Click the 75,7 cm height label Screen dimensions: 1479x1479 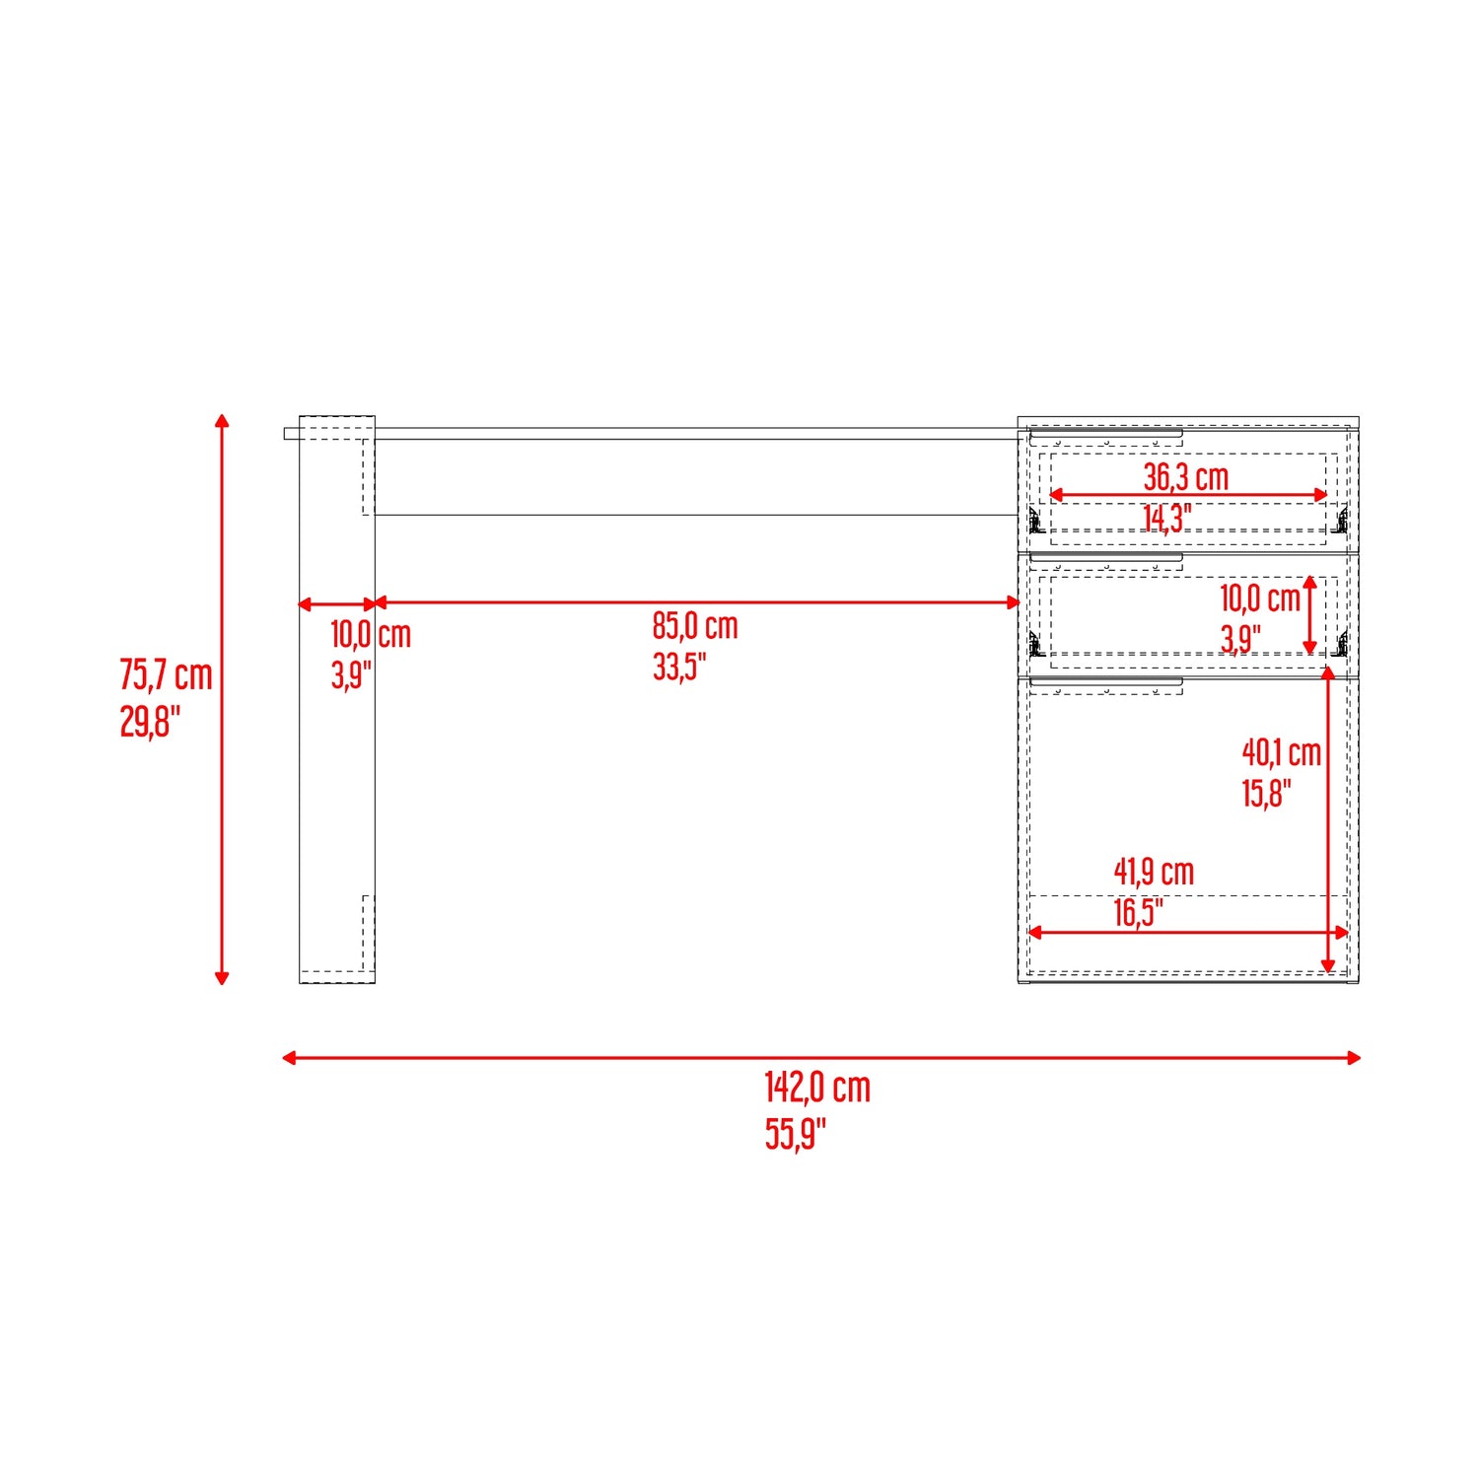click(166, 675)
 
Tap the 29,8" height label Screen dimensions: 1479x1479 click(150, 722)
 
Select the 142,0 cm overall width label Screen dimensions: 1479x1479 click(817, 1088)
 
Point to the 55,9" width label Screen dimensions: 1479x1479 click(795, 1134)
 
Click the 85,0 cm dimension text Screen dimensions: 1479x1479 click(695, 626)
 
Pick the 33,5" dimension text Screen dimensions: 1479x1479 click(679, 667)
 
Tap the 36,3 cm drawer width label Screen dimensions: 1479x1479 click(1186, 477)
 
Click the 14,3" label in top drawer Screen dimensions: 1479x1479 click(1167, 519)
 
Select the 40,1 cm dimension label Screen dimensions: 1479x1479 click(1282, 753)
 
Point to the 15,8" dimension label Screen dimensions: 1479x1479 click(1267, 794)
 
